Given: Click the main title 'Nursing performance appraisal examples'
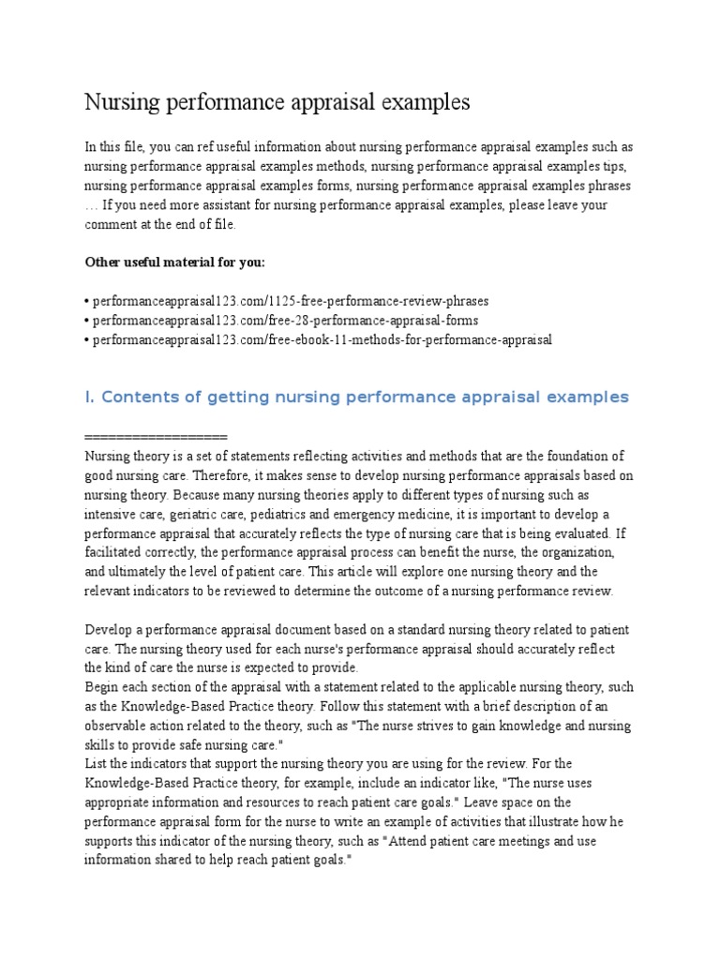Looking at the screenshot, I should (x=277, y=102).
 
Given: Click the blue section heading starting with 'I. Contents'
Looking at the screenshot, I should (x=357, y=397).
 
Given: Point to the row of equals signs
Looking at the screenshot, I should (x=156, y=438).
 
